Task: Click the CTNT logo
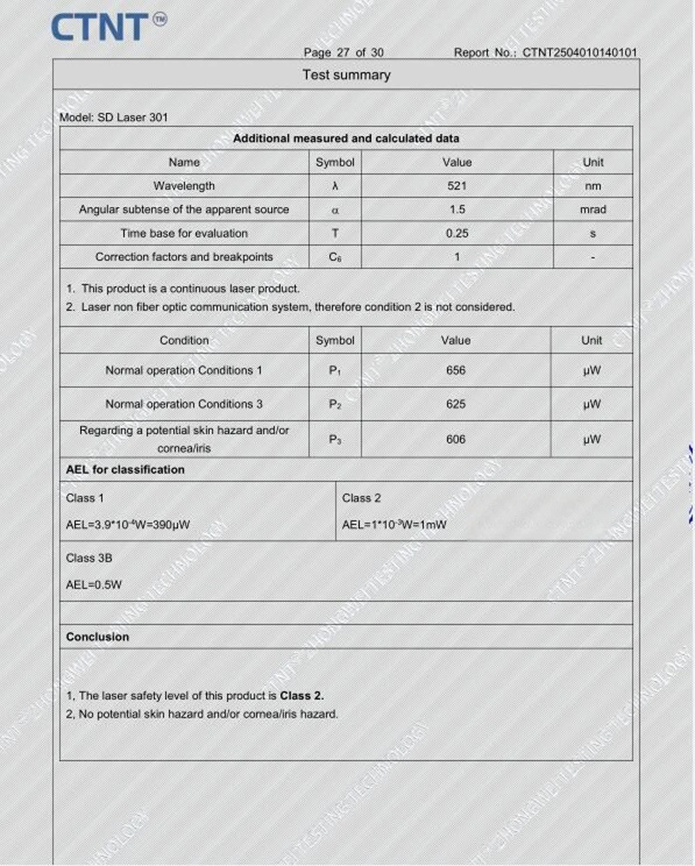(x=108, y=27)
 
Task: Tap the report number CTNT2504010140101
(x=580, y=52)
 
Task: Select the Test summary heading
(x=346, y=75)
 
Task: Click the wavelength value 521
(x=457, y=186)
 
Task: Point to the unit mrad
(x=592, y=209)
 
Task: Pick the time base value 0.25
(x=457, y=234)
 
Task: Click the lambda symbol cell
(x=335, y=186)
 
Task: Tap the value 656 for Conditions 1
(x=456, y=370)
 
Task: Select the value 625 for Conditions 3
(x=456, y=404)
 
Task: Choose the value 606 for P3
(x=456, y=439)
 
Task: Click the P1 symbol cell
(x=335, y=370)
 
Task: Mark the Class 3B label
(x=89, y=558)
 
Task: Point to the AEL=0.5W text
(x=94, y=585)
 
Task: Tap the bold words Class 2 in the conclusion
(x=302, y=696)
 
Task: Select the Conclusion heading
(x=97, y=637)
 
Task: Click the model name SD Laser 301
(x=133, y=117)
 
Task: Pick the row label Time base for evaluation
(x=184, y=234)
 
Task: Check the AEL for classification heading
(x=125, y=470)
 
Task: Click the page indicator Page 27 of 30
(x=343, y=52)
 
